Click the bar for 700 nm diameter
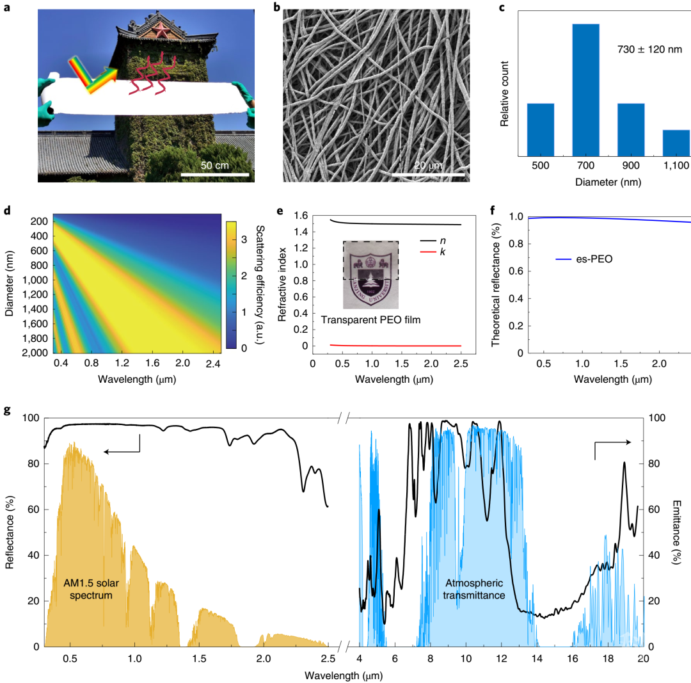pyautogui.click(x=594, y=90)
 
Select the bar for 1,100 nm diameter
pyautogui.click(x=676, y=142)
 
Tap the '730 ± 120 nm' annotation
pyautogui.click(x=647, y=49)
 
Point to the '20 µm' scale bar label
pyautogui.click(x=427, y=165)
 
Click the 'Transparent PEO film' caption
pyautogui.click(x=370, y=319)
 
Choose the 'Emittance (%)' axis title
pyautogui.click(x=678, y=532)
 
